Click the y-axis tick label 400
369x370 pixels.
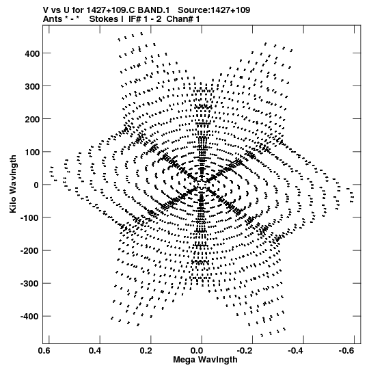32,54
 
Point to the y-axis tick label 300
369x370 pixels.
32,87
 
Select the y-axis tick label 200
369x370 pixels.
32,120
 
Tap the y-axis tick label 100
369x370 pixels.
32,153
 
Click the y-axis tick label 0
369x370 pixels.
36,185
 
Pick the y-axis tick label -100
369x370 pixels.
30,217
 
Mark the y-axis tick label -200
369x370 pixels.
30,251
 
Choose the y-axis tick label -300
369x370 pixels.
30,284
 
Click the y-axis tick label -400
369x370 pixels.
30,317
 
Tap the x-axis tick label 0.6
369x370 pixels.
44,351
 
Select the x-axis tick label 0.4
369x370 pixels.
95,351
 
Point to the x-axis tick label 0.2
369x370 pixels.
146,351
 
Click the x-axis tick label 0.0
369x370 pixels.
197,351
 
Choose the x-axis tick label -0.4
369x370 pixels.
297,351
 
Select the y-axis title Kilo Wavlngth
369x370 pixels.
13,184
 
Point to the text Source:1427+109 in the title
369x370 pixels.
214,10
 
